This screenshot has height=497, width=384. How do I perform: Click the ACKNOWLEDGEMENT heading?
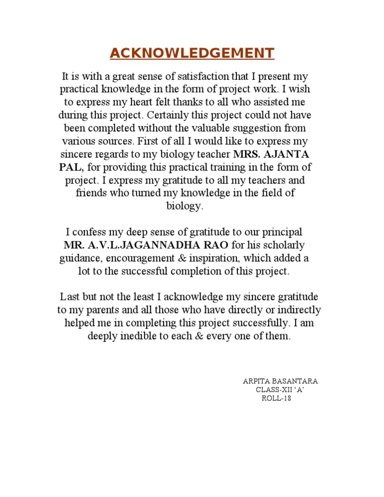point(192,53)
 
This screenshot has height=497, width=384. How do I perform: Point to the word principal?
point(279,232)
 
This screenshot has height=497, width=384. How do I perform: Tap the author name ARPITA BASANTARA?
point(280,381)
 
